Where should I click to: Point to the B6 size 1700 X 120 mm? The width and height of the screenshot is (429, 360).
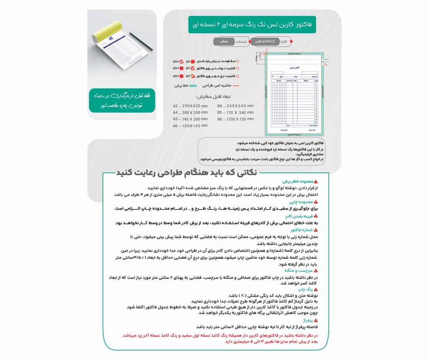235,119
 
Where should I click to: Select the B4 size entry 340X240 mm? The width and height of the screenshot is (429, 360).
235,106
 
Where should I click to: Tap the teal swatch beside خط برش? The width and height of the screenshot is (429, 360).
193,85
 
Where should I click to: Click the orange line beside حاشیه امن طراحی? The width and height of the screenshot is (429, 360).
236,85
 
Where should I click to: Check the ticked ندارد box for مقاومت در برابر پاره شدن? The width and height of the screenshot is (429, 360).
182,62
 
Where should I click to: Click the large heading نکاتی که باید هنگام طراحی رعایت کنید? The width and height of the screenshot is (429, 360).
186,173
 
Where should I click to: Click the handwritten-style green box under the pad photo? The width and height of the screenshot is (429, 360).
122,100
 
